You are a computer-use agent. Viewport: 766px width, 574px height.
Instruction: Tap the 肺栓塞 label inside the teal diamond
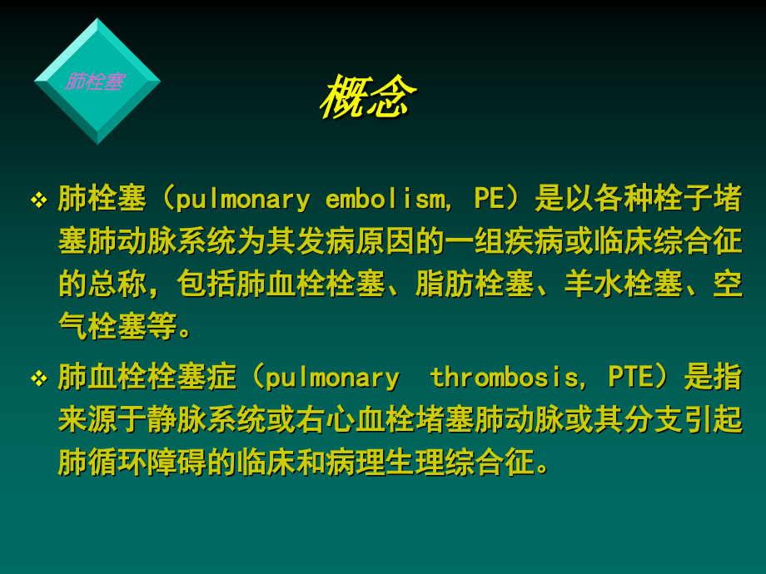coord(95,82)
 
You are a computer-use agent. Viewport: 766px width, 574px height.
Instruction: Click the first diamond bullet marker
coord(38,200)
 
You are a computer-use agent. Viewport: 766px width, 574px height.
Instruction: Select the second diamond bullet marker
coord(38,379)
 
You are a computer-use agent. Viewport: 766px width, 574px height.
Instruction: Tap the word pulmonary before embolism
coord(242,200)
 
